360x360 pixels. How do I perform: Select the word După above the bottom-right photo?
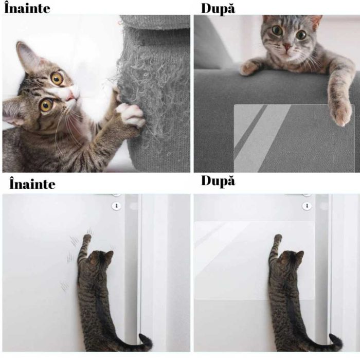point(218,182)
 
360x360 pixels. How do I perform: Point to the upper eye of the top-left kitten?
point(57,78)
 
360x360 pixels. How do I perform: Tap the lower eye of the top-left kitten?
point(46,105)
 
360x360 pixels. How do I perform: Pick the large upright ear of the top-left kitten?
point(26,57)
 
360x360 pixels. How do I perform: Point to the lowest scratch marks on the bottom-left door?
point(64,285)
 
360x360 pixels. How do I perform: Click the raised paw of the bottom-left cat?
point(87,238)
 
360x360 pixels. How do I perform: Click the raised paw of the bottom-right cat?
point(278,238)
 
